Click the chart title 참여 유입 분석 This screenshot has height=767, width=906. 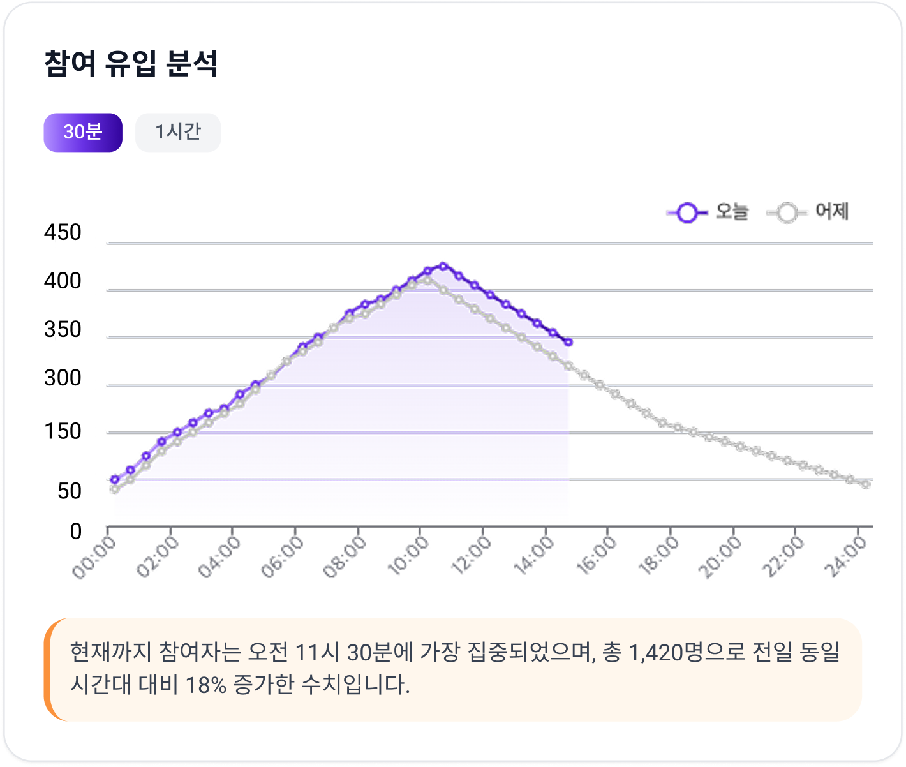click(131, 64)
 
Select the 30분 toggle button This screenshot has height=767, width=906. click(83, 132)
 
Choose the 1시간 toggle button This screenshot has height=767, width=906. click(178, 132)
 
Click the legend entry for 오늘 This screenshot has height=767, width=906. click(708, 212)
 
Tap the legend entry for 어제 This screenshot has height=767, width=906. click(808, 212)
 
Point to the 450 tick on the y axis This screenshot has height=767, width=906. click(63, 233)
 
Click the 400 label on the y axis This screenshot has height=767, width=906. click(63, 281)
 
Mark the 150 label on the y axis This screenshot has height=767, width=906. click(63, 432)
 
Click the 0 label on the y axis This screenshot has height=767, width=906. click(76, 532)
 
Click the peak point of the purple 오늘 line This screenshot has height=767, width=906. click(443, 266)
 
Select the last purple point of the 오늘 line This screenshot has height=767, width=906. click(568, 343)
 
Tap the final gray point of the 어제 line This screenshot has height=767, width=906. click(866, 484)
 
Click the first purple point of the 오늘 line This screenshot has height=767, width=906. click(115, 479)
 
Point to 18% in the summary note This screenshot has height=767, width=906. click(205, 685)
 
